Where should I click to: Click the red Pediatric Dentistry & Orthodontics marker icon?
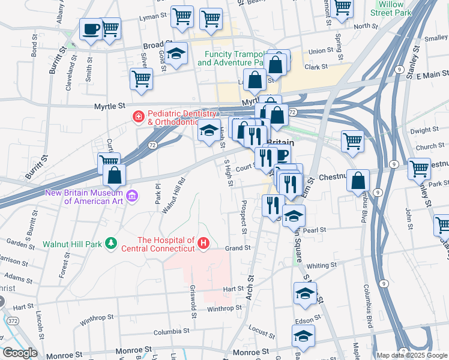(139, 116)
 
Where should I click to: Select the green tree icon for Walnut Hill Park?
(110, 243)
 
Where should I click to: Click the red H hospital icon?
(203, 243)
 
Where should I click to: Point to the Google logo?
(20, 353)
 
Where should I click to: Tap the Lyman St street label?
(152, 18)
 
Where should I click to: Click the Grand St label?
(237, 247)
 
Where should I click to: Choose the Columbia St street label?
(171, 331)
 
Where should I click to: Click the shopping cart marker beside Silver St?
(142, 79)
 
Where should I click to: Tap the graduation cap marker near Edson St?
(305, 294)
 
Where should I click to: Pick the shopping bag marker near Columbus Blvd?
(358, 180)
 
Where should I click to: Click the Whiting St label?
(322, 266)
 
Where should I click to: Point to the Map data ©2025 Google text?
(412, 355)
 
